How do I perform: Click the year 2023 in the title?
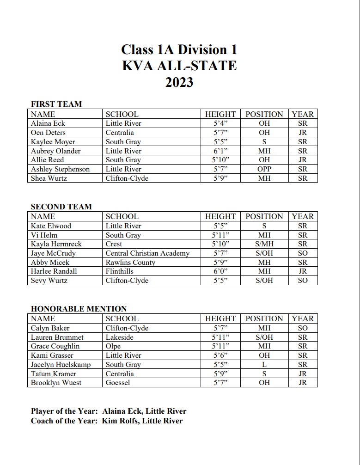pyautogui.click(x=179, y=82)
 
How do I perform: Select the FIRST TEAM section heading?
pyautogui.click(x=56, y=104)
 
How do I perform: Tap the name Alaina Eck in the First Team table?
pyautogui.click(x=48, y=123)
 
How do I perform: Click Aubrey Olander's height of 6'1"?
pyautogui.click(x=220, y=151)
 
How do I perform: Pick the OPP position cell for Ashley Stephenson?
pyautogui.click(x=264, y=169)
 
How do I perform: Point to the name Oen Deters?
pyautogui.click(x=48, y=133)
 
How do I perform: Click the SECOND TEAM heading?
pyautogui.click(x=61, y=207)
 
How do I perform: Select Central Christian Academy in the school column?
pyautogui.click(x=147, y=253)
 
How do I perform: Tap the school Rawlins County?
pyautogui.click(x=130, y=263)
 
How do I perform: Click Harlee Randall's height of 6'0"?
pyautogui.click(x=220, y=271)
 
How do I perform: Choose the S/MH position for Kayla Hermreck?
pyautogui.click(x=264, y=244)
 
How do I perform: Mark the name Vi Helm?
pyautogui.click(x=44, y=235)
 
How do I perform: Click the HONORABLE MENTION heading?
pyautogui.click(x=79, y=309)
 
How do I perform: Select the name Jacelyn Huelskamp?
pyautogui.click(x=61, y=365)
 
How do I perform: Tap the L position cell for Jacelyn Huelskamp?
pyautogui.click(x=264, y=365)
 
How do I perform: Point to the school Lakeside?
pyautogui.click(x=119, y=337)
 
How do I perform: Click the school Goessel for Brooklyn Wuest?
pyautogui.click(x=118, y=383)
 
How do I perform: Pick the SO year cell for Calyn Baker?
pyautogui.click(x=303, y=328)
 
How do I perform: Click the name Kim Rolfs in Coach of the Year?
pyautogui.click(x=121, y=421)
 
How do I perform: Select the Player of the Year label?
pyautogui.click(x=64, y=411)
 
